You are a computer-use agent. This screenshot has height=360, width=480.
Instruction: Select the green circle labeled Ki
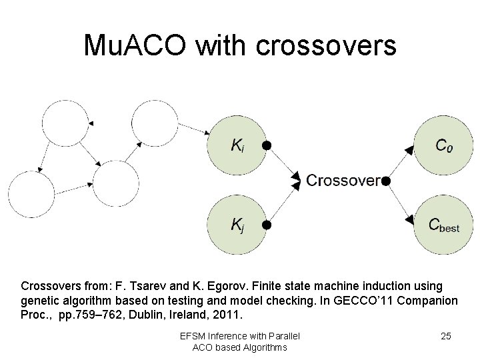237,145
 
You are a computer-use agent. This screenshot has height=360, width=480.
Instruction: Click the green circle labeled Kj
237,225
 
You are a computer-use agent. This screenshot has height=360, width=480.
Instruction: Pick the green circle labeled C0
442,145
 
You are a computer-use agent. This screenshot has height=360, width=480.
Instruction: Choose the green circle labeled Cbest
442,225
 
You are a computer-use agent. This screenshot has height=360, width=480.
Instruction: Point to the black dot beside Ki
266,145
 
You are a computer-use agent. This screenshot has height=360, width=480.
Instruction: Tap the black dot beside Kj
266,225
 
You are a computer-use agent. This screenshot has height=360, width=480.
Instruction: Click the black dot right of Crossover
385,180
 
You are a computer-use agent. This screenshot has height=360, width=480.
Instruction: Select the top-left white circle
65,123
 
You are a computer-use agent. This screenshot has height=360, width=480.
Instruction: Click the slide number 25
446,336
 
